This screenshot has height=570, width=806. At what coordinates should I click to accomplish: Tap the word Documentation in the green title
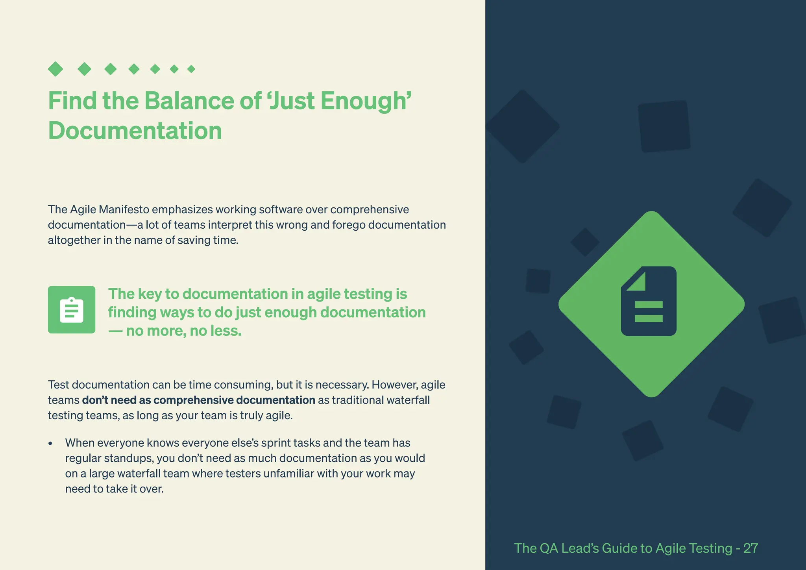(x=135, y=131)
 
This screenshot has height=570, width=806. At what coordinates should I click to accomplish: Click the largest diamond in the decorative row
(x=55, y=69)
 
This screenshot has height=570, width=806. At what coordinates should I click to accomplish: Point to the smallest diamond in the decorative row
(x=191, y=69)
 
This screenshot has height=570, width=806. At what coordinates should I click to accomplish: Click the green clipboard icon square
(x=72, y=310)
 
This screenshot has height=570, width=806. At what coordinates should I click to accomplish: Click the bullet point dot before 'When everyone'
(x=50, y=444)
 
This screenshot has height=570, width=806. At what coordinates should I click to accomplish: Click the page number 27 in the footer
(x=751, y=548)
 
